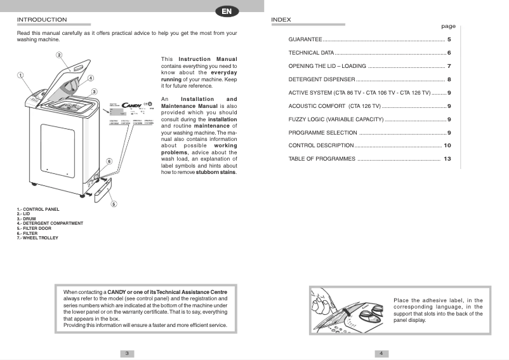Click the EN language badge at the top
pos(227,11)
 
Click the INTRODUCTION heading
pos(42,20)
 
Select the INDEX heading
pos(281,20)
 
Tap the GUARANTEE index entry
pos(305,39)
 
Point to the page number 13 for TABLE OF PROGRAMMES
pos(447,159)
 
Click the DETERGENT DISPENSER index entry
pos(322,79)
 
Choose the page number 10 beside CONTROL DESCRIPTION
pos(447,145)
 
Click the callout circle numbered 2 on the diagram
pos(58,56)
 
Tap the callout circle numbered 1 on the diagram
pos(20,76)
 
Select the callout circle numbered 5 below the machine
pos(113,204)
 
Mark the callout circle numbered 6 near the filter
pos(109,161)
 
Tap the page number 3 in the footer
pos(127,353)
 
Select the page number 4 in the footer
pos(381,353)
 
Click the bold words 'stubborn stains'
pos(216,172)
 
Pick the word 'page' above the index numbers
pos(448,27)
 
